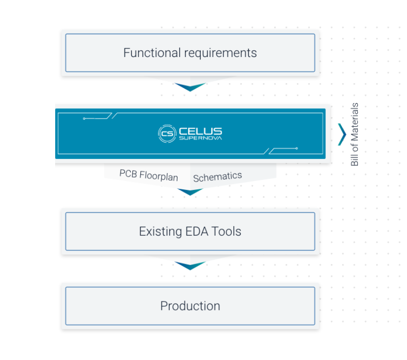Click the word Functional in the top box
pyautogui.click(x=152, y=53)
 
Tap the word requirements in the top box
pyautogui.click(x=220, y=54)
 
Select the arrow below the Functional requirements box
pyautogui.click(x=190, y=87)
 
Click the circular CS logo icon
pyautogui.click(x=167, y=134)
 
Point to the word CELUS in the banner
pyautogui.click(x=200, y=131)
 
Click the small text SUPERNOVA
pyautogui.click(x=200, y=138)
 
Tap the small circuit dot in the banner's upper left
pyautogui.click(x=84, y=119)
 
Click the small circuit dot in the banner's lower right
pyautogui.click(x=296, y=149)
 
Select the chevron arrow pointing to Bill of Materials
pyautogui.click(x=343, y=134)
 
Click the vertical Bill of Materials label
pyautogui.click(x=354, y=134)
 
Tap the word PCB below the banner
pyautogui.click(x=128, y=174)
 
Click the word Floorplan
pyautogui.click(x=158, y=176)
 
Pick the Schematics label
pyautogui.click(x=218, y=177)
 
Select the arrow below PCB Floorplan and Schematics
pyautogui.click(x=190, y=192)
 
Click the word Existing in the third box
pyautogui.click(x=160, y=232)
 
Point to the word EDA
pyautogui.click(x=197, y=231)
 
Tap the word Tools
pyautogui.click(x=226, y=231)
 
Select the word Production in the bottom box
pyautogui.click(x=190, y=306)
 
